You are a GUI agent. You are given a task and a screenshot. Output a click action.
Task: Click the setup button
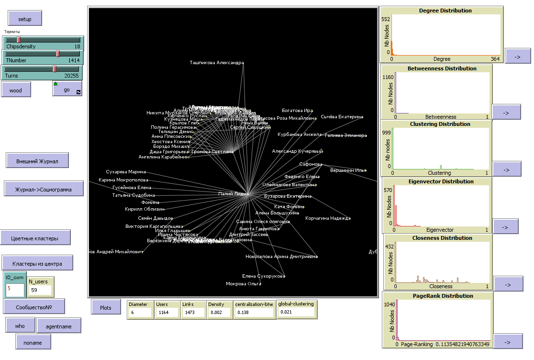pyautogui.click(x=25, y=19)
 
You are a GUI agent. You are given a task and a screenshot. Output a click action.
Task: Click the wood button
pyautogui.click(x=16, y=90)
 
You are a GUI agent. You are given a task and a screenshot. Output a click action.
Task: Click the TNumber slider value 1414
pyautogui.click(x=74, y=61)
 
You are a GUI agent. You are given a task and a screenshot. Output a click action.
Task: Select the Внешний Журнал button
pyautogui.click(x=37, y=161)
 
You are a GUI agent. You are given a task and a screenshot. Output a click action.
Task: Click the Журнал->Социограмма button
pyautogui.click(x=44, y=189)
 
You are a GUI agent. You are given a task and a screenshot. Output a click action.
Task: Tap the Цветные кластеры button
pyautogui.click(x=35, y=238)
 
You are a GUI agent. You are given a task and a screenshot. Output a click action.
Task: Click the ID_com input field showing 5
pyautogui.click(x=15, y=289)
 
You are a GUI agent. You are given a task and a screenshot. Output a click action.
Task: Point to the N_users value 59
pyautogui.click(x=40, y=290)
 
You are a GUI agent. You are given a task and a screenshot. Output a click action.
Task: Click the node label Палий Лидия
pyautogui.click(x=233, y=194)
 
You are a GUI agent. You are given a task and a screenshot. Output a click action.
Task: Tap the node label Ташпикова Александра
pyautogui.click(x=216, y=63)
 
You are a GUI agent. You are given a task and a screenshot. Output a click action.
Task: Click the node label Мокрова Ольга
pyautogui.click(x=243, y=284)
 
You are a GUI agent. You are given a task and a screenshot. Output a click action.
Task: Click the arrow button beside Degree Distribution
pyautogui.click(x=518, y=56)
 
